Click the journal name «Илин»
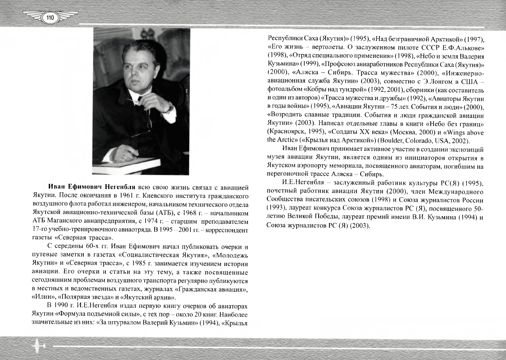pos(44,297)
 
